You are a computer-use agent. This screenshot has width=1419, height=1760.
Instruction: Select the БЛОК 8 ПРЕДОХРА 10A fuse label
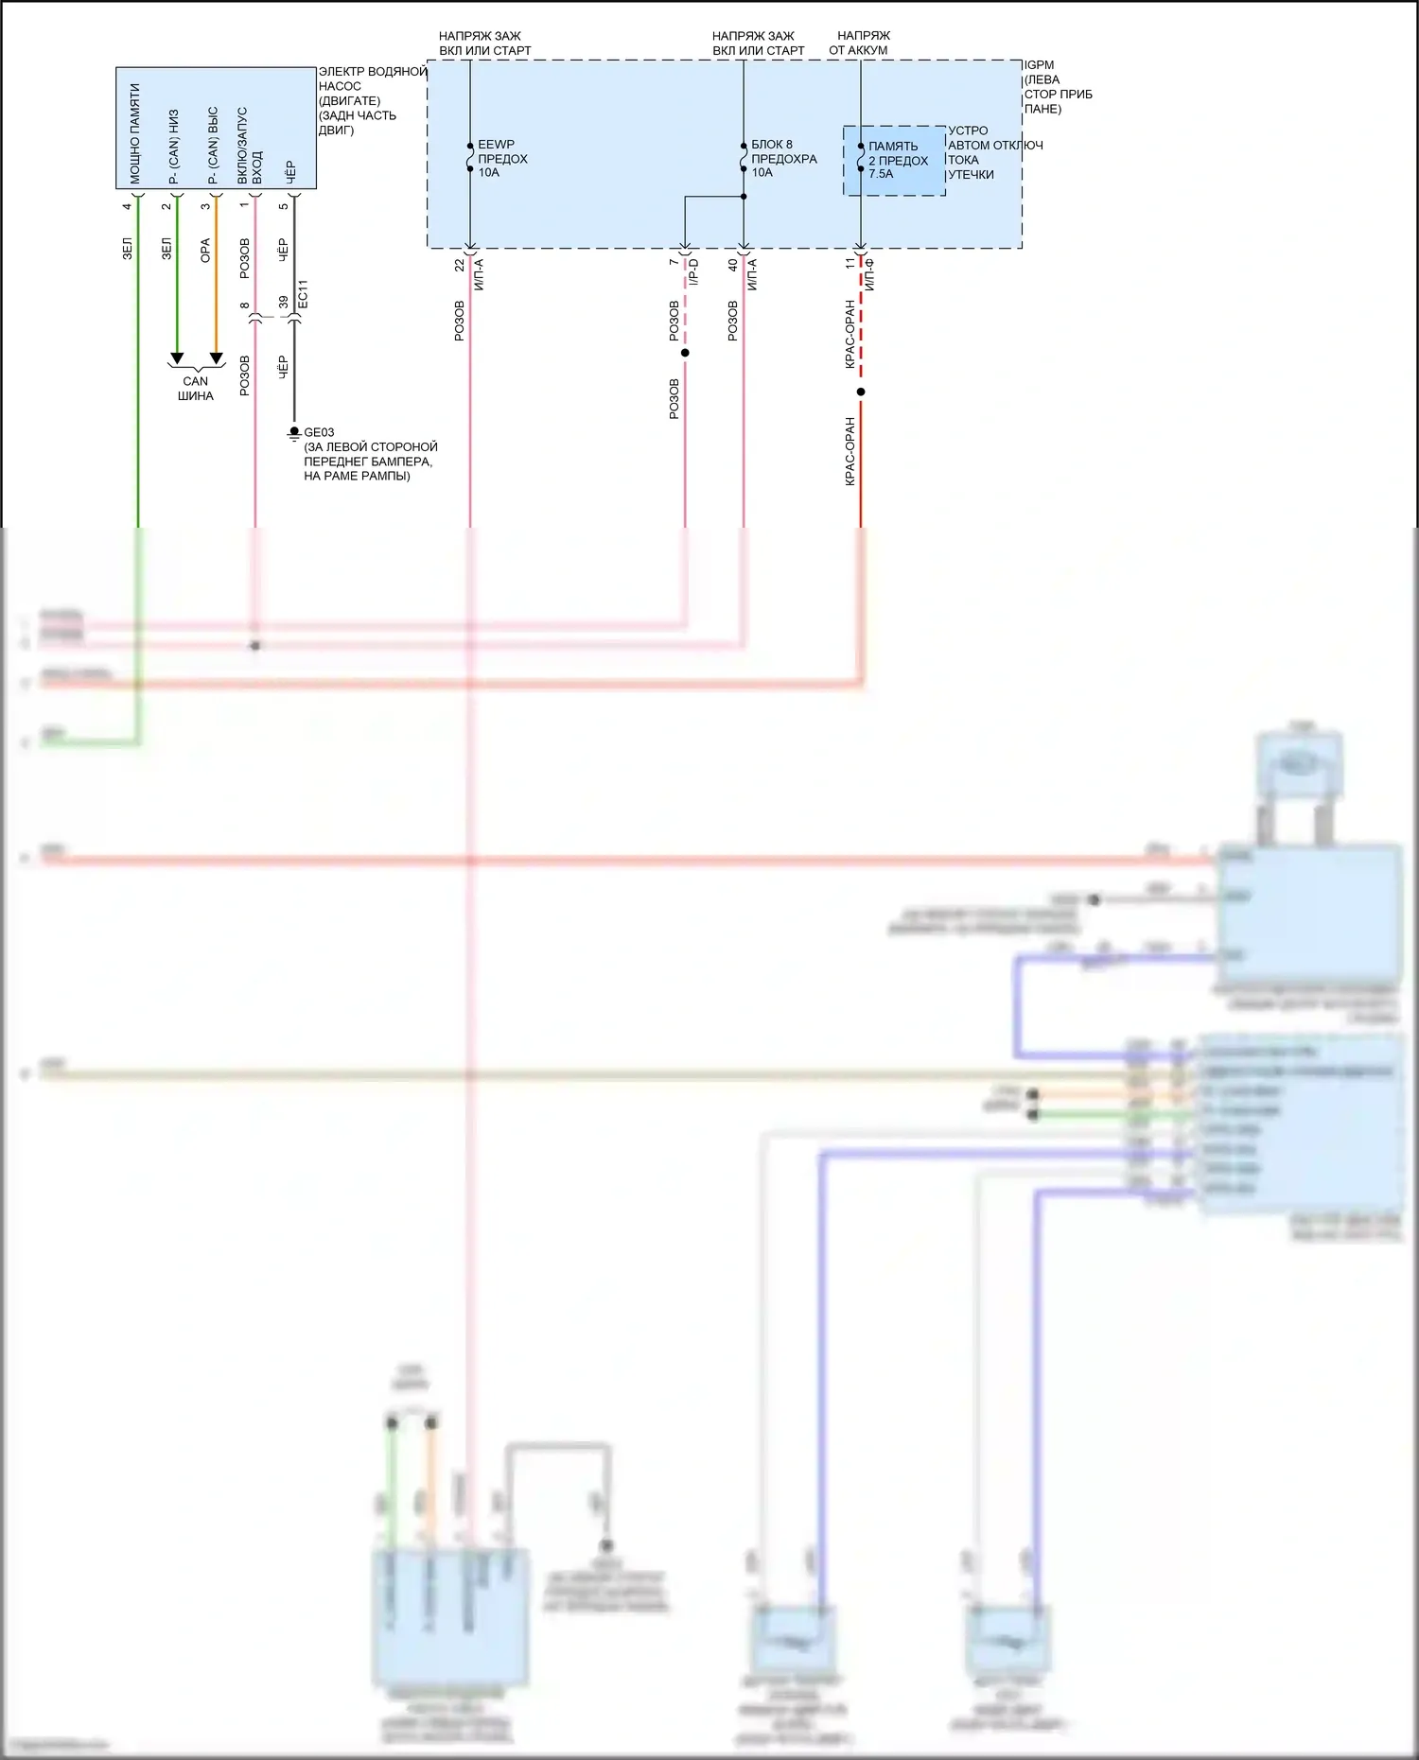(783, 158)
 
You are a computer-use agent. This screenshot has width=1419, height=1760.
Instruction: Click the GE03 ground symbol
(294, 433)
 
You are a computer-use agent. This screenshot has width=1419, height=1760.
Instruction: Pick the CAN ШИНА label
(196, 389)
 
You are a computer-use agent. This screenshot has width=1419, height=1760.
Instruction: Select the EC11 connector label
(303, 295)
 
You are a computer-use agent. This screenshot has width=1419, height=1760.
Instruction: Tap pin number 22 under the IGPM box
(460, 266)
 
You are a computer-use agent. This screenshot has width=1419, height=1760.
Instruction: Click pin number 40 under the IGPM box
(733, 266)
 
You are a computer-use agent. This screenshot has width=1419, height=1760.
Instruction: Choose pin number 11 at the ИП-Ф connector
(850, 264)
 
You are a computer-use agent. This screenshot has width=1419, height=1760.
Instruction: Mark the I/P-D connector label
(693, 272)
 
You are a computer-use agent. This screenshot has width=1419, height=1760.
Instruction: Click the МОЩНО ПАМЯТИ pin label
(135, 133)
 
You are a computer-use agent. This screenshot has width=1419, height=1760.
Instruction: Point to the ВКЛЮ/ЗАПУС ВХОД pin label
(250, 145)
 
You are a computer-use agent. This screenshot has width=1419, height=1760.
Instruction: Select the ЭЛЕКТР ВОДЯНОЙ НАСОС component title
(371, 100)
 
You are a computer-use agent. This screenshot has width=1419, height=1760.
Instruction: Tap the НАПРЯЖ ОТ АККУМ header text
(861, 43)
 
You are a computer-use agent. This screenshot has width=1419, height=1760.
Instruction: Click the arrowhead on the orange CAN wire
(216, 358)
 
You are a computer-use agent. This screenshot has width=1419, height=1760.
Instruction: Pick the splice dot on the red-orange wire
(861, 392)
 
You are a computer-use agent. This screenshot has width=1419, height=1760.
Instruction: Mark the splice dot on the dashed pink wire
(685, 353)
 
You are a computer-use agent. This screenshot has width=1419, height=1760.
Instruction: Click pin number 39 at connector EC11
(284, 303)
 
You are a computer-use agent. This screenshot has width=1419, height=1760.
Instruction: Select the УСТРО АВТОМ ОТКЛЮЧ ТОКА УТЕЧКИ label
(993, 152)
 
